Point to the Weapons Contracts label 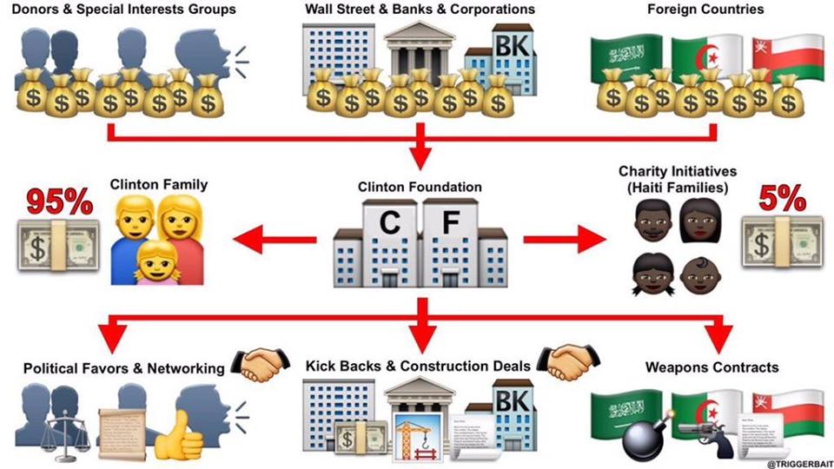(x=712, y=367)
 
